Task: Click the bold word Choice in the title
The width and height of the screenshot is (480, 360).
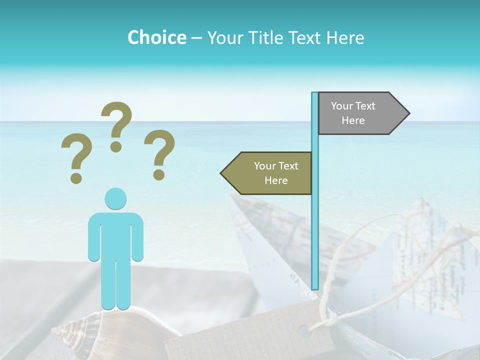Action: coord(156,37)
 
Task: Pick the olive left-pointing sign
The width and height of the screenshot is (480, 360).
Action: coord(270,173)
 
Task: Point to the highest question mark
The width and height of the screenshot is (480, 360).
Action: coord(116,125)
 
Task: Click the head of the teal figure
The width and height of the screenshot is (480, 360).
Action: coord(115,198)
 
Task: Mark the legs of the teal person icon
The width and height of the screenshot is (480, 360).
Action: coord(115,285)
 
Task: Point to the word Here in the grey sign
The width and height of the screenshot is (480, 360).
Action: coord(353,120)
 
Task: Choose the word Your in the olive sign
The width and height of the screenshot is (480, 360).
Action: coord(264,166)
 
